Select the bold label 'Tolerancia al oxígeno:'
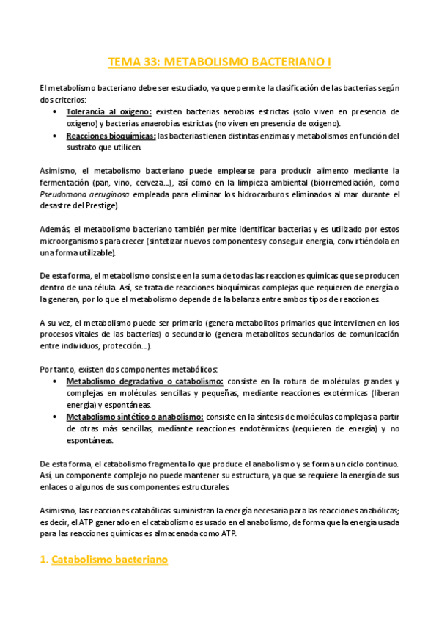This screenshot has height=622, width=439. [x=108, y=111]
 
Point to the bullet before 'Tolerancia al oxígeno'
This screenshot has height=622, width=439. [x=56, y=111]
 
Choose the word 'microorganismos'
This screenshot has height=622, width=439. [x=72, y=241]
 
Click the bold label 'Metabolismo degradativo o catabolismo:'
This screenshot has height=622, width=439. [x=145, y=381]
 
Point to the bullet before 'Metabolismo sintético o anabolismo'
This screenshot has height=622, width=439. [x=56, y=417]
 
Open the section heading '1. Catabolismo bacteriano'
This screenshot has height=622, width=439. [x=103, y=560]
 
